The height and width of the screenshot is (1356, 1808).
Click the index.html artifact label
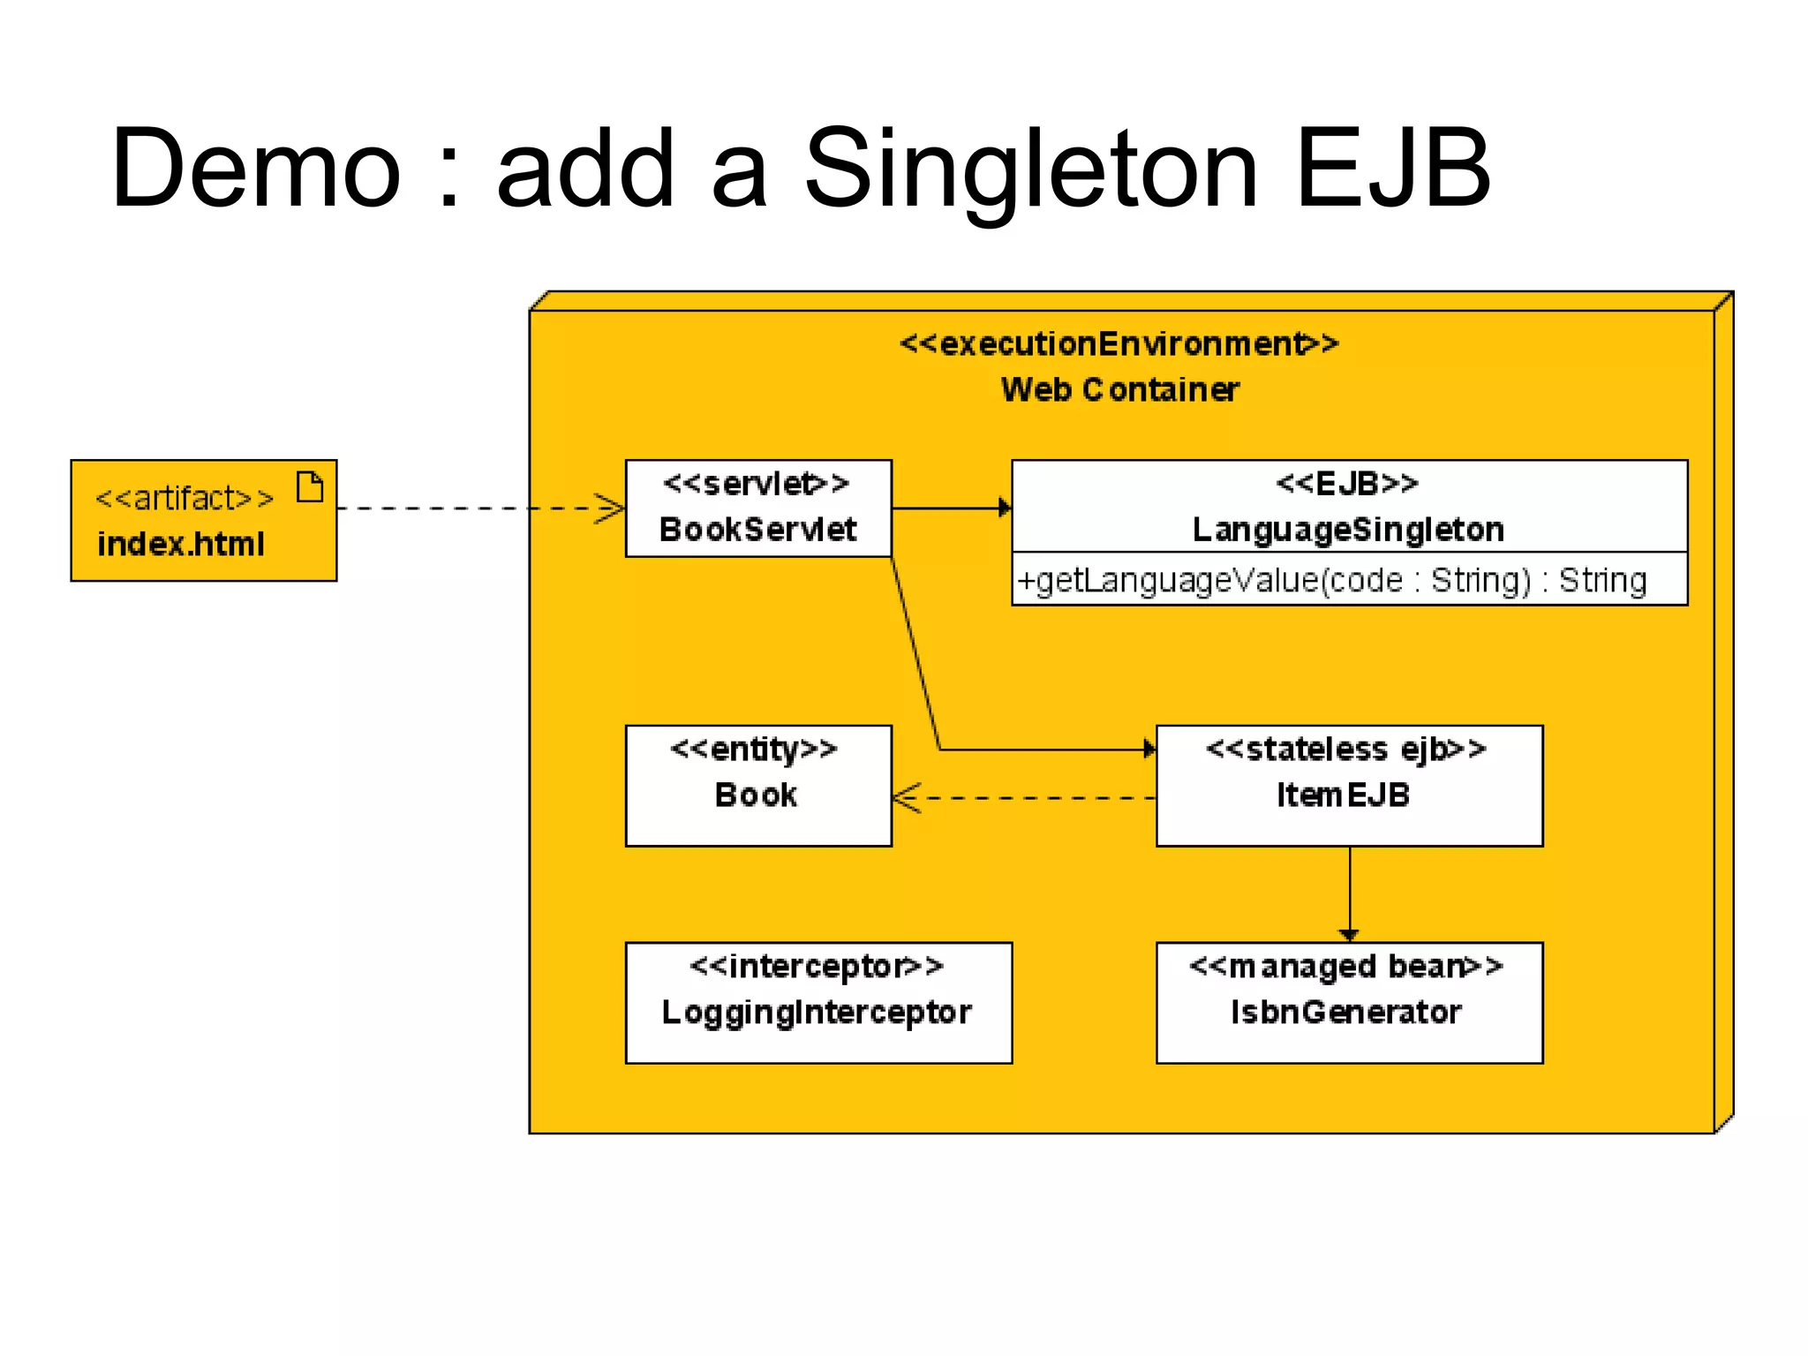click(180, 544)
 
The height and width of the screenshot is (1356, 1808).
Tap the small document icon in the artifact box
click(310, 486)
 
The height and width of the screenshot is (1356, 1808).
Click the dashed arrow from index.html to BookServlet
click(477, 508)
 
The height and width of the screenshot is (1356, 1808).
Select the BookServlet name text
click(757, 530)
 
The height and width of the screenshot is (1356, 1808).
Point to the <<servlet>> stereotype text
click(756, 484)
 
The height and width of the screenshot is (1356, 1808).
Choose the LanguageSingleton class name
click(1348, 530)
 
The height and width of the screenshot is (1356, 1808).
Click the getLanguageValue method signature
click(1331, 580)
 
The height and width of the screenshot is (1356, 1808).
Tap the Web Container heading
click(1119, 389)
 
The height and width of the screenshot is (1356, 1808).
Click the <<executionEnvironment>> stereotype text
click(1119, 343)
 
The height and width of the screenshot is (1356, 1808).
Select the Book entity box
click(757, 786)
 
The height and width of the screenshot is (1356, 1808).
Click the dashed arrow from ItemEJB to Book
click(1024, 798)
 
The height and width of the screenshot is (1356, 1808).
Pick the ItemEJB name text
click(1343, 795)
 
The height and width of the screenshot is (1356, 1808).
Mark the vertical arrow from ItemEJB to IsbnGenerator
click(1349, 892)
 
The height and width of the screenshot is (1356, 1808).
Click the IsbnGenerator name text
click(1345, 1012)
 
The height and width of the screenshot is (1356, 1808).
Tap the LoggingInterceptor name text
click(817, 1012)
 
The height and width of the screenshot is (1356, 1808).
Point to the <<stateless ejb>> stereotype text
click(1345, 750)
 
